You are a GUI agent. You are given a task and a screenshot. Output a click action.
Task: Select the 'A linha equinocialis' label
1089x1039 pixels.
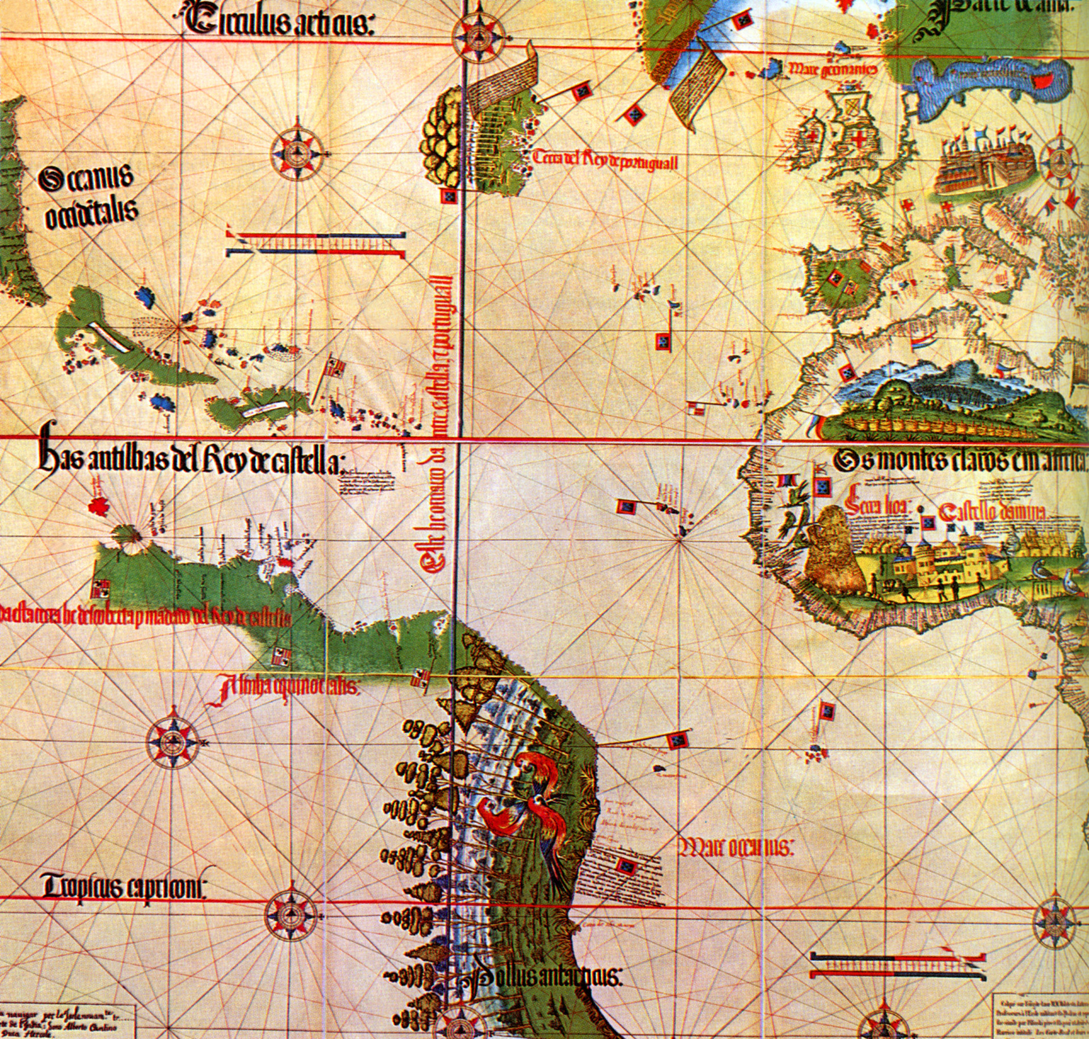click(x=286, y=688)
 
